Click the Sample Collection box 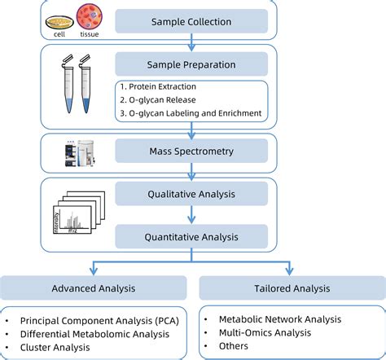(191, 21)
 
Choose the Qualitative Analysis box (191, 194)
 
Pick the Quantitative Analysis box (191, 237)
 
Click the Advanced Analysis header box (94, 288)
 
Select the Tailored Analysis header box (292, 288)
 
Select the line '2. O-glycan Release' (158, 100)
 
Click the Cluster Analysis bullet (60, 348)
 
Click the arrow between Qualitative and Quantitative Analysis (191, 215)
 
